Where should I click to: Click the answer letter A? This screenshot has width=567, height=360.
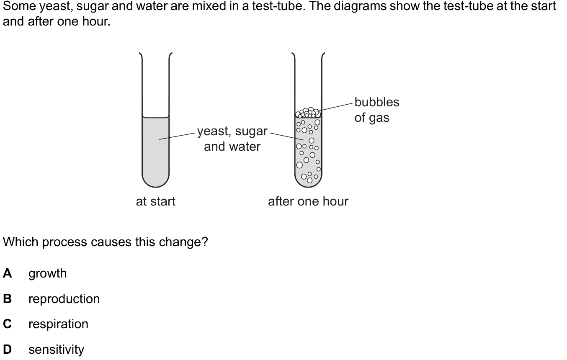[x=7, y=274]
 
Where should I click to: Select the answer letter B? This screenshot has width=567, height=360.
[x=7, y=299]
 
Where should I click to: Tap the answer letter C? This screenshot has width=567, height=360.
[x=7, y=324]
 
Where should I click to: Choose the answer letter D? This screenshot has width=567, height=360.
[x=7, y=350]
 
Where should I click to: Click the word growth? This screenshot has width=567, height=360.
[x=47, y=274]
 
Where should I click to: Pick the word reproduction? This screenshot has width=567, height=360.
[x=64, y=299]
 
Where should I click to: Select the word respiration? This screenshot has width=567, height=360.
[x=58, y=324]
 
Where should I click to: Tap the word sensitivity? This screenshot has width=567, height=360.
[x=56, y=350]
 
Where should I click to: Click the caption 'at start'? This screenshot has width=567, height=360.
[x=155, y=201]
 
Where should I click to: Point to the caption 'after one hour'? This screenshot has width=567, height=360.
[x=308, y=201]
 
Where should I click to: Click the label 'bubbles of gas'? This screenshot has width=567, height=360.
[x=376, y=110]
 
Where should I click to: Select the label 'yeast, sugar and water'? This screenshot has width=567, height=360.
[x=232, y=139]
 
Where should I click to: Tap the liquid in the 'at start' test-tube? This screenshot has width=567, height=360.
[x=155, y=151]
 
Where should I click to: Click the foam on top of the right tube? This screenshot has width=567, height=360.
[x=308, y=113]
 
